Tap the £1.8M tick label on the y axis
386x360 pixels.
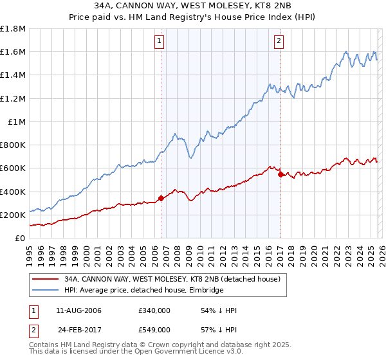14,29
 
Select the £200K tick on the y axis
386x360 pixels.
14,215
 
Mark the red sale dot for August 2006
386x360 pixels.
161,198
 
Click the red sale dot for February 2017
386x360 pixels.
280,174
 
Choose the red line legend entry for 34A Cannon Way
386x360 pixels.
172,280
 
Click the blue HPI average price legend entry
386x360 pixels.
143,291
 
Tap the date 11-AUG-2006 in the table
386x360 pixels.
79,310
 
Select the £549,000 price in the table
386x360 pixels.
154,329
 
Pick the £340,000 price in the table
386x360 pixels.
154,310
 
